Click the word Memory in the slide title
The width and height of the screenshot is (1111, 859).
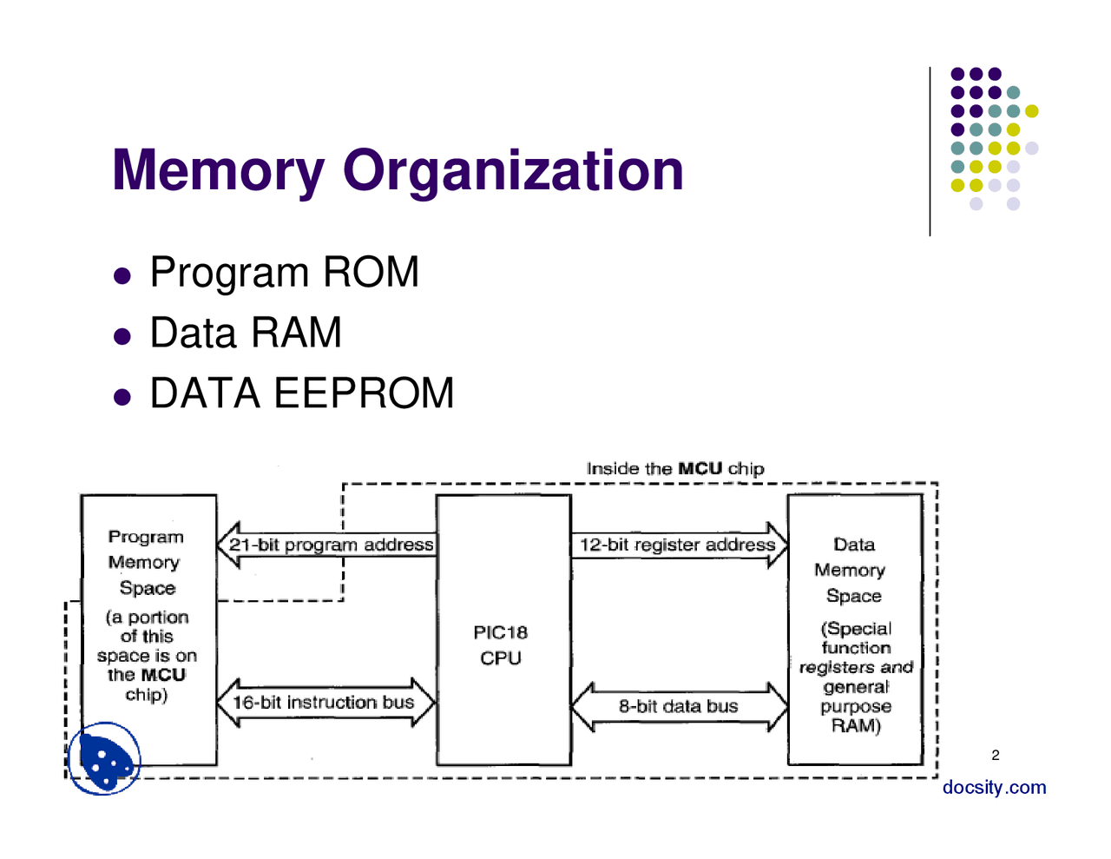[x=219, y=170]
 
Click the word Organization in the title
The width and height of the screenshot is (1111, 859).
[x=513, y=170]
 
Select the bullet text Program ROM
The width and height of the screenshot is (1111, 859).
[x=284, y=273]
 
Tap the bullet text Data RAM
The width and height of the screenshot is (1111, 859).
[x=246, y=333]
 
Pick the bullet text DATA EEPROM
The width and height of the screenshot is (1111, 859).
[x=301, y=393]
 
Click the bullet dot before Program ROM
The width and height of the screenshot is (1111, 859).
[x=122, y=276]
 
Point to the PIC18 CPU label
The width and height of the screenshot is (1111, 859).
[x=501, y=645]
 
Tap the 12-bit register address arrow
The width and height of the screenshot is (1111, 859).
[x=679, y=545]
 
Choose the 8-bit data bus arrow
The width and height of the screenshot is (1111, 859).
[x=679, y=706]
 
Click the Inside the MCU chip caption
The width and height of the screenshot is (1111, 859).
[x=675, y=469]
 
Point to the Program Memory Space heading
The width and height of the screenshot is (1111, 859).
[x=147, y=562]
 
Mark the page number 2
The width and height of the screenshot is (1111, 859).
[x=996, y=755]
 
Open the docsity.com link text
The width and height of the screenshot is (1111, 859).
[x=994, y=788]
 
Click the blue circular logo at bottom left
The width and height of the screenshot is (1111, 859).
[x=104, y=759]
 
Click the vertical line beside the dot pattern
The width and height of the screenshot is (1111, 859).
[x=930, y=152]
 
